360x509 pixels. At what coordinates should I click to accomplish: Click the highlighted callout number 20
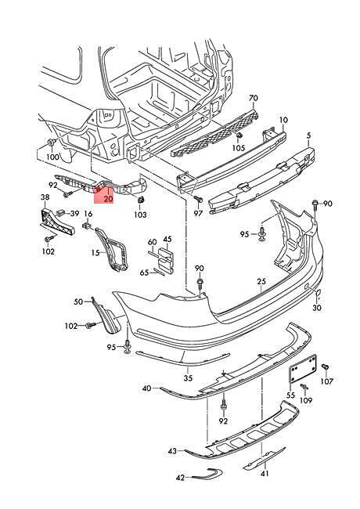click(108, 199)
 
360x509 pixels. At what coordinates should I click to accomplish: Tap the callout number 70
click(254, 98)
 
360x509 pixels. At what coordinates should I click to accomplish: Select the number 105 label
click(239, 148)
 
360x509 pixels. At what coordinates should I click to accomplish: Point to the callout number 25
click(261, 281)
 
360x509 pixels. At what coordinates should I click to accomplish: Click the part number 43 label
click(172, 451)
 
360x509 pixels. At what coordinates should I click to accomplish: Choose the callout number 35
click(188, 377)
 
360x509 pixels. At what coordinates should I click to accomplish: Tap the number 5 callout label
click(308, 135)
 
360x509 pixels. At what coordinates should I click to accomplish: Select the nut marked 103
click(141, 200)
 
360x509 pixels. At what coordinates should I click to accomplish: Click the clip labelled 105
click(239, 136)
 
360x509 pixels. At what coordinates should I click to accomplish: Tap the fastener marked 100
click(51, 143)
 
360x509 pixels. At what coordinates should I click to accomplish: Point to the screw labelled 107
click(326, 366)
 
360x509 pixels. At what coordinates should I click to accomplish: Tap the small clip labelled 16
click(86, 225)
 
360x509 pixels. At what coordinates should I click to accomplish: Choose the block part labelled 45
click(166, 259)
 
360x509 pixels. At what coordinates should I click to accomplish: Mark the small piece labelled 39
click(60, 213)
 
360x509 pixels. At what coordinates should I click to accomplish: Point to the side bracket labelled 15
click(112, 249)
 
